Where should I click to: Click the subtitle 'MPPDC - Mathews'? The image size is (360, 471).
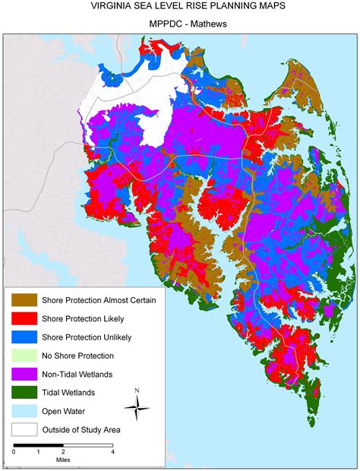[x=180, y=24]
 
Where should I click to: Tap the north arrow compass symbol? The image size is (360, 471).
[x=137, y=410]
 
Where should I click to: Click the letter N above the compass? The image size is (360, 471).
[x=137, y=391]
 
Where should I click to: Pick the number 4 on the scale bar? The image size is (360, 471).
[x=113, y=451]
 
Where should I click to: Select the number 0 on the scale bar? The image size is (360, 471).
[x=14, y=451]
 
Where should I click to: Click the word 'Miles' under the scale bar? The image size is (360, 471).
[x=64, y=460]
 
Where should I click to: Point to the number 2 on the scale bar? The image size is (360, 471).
[x=64, y=451]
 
